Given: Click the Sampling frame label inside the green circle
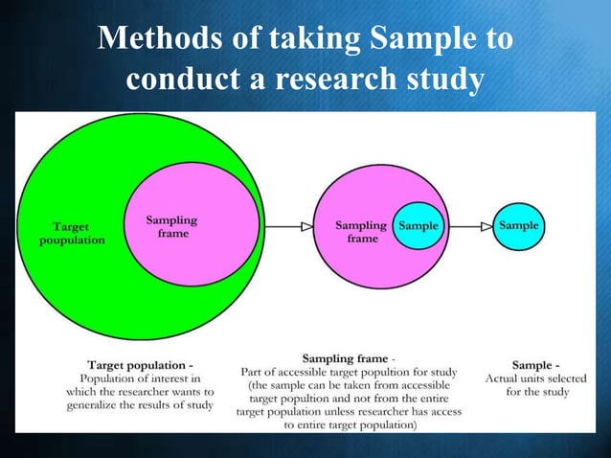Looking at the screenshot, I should point(172,227).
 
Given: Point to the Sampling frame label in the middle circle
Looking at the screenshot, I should point(361,232).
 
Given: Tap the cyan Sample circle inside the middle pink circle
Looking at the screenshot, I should point(419,226).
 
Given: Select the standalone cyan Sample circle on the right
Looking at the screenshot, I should point(518,226).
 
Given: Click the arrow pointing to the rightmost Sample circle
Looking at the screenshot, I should point(470,226).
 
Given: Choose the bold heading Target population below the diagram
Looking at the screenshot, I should point(140,365).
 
